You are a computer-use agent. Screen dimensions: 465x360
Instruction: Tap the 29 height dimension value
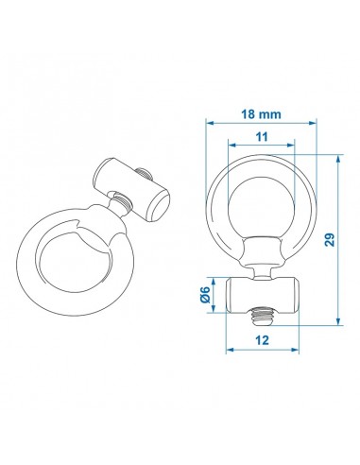pyautogui.click(x=330, y=239)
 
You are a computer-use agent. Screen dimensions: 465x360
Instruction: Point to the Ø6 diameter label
pyautogui.click(x=207, y=297)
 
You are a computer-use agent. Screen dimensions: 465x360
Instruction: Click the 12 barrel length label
pyautogui.click(x=262, y=337)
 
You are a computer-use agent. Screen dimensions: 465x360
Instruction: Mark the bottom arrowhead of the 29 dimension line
pyautogui.click(x=337, y=324)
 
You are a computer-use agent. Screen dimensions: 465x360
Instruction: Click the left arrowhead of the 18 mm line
pyautogui.click(x=210, y=123)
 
